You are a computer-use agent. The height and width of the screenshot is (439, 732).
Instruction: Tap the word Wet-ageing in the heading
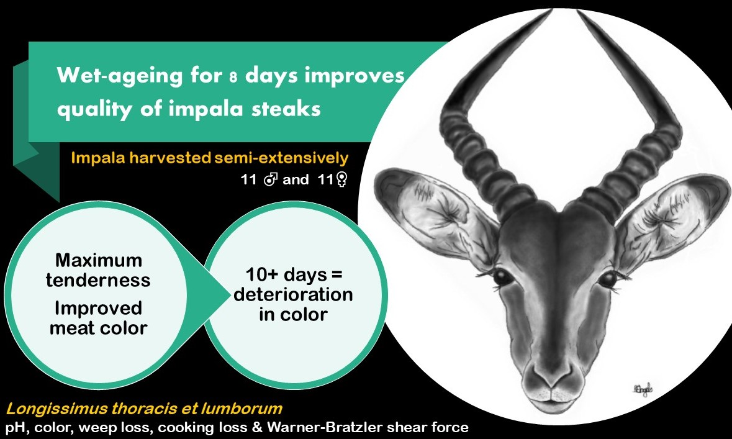(119, 76)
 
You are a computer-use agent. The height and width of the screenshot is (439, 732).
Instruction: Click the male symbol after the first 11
(271, 179)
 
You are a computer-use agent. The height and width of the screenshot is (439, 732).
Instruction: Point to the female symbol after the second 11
(341, 180)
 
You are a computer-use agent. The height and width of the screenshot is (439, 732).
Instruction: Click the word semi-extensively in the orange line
(281, 158)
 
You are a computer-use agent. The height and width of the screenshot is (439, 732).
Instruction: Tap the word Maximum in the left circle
(99, 260)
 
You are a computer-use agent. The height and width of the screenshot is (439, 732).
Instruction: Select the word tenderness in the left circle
(98, 280)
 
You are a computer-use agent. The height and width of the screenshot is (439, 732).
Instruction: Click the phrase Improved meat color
(99, 318)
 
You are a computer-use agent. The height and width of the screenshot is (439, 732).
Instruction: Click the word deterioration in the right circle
(293, 295)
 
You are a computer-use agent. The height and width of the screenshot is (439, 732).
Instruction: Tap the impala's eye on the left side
(502, 276)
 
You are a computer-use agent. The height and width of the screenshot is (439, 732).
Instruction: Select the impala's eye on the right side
(608, 279)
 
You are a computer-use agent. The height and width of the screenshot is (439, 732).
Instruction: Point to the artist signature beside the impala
(643, 389)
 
